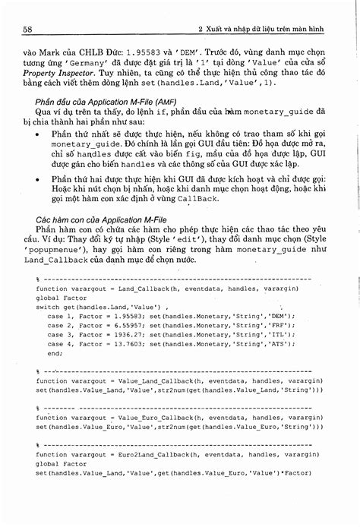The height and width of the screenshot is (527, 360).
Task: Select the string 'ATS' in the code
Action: (282, 322)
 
